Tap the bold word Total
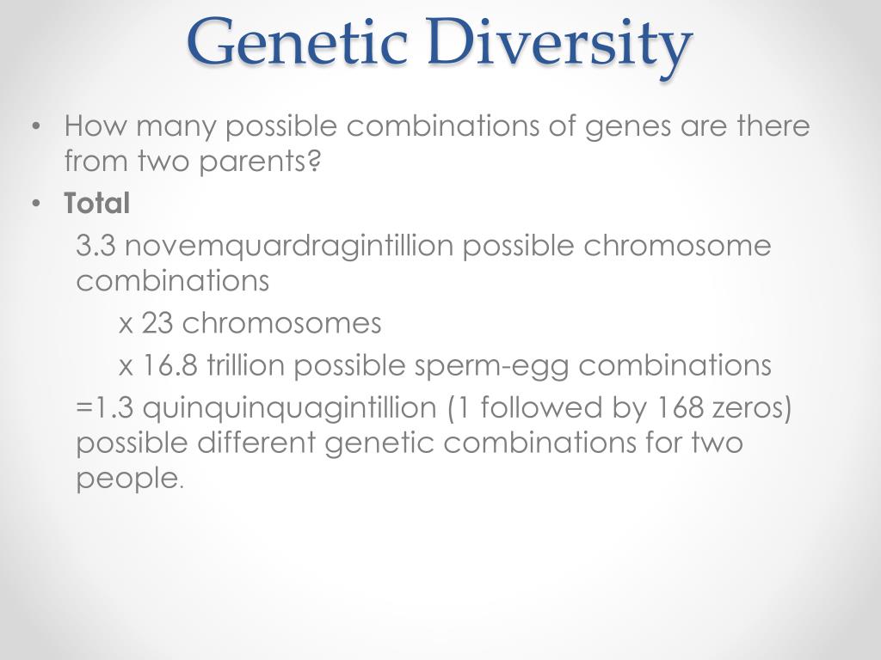(x=97, y=204)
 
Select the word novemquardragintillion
(x=291, y=246)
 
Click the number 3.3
(x=96, y=246)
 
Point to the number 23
(x=157, y=323)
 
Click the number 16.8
(x=169, y=366)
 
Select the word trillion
(x=245, y=366)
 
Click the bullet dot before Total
(x=36, y=205)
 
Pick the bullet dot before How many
(x=36, y=127)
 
